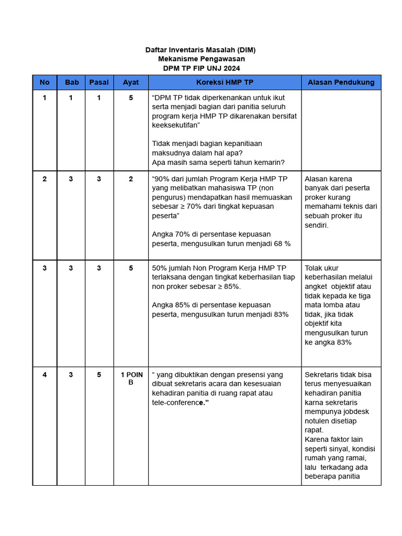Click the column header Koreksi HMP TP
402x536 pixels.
click(x=225, y=82)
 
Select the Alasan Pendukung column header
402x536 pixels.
click(x=341, y=82)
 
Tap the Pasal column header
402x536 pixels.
click(x=99, y=82)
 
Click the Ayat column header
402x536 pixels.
click(x=131, y=82)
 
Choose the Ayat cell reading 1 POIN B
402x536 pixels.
click(x=131, y=378)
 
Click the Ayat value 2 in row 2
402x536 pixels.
click(x=131, y=179)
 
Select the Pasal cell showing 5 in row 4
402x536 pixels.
click(x=99, y=375)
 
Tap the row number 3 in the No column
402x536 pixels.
click(x=44, y=268)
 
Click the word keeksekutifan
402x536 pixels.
click(x=175, y=126)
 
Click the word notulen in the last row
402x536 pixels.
click(x=317, y=421)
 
